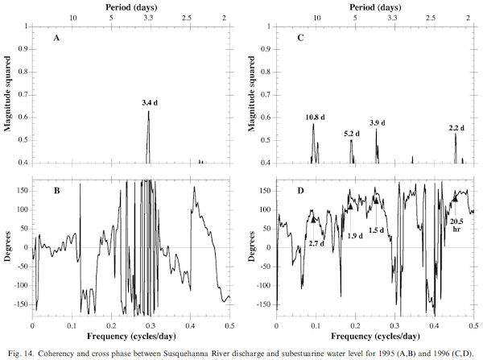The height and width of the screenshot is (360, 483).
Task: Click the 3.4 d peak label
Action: pyautogui.click(x=150, y=103)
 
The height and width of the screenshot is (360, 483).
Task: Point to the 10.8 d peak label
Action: pyautogui.click(x=316, y=118)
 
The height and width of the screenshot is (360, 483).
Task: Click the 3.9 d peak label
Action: pyautogui.click(x=377, y=122)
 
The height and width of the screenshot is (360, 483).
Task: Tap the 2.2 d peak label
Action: pyautogui.click(x=456, y=128)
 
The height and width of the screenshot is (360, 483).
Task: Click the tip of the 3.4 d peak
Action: pyautogui.click(x=148, y=111)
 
